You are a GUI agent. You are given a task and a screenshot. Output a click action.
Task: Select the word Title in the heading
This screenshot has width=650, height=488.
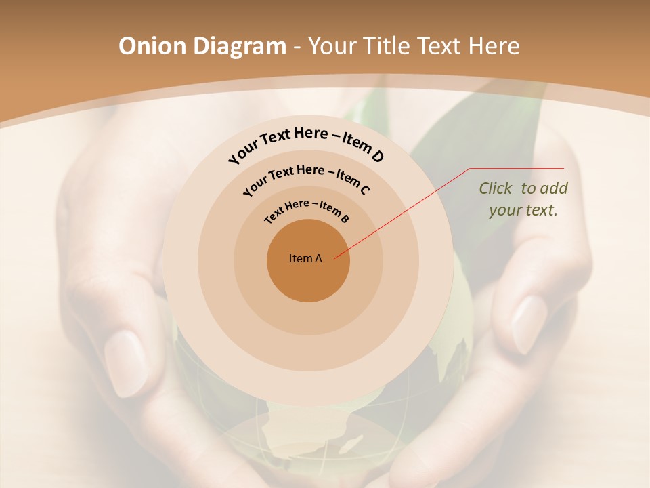[x=387, y=46]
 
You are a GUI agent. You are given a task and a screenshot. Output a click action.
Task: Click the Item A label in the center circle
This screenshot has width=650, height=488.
[x=305, y=258]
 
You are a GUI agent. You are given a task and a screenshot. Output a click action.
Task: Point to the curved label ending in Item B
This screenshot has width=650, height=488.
[x=307, y=210]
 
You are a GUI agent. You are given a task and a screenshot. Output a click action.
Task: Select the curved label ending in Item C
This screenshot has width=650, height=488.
[x=306, y=178]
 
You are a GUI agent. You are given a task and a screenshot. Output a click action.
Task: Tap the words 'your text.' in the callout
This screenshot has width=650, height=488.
[x=523, y=210]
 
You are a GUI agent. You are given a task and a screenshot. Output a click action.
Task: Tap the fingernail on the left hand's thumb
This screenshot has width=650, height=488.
[x=125, y=363]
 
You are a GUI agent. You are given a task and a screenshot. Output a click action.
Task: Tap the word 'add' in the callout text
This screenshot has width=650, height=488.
[x=555, y=188]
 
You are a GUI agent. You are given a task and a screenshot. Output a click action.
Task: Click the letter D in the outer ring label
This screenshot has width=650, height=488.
[x=377, y=157]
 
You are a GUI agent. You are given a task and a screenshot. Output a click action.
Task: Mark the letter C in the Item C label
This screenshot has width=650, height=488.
[x=364, y=190]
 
